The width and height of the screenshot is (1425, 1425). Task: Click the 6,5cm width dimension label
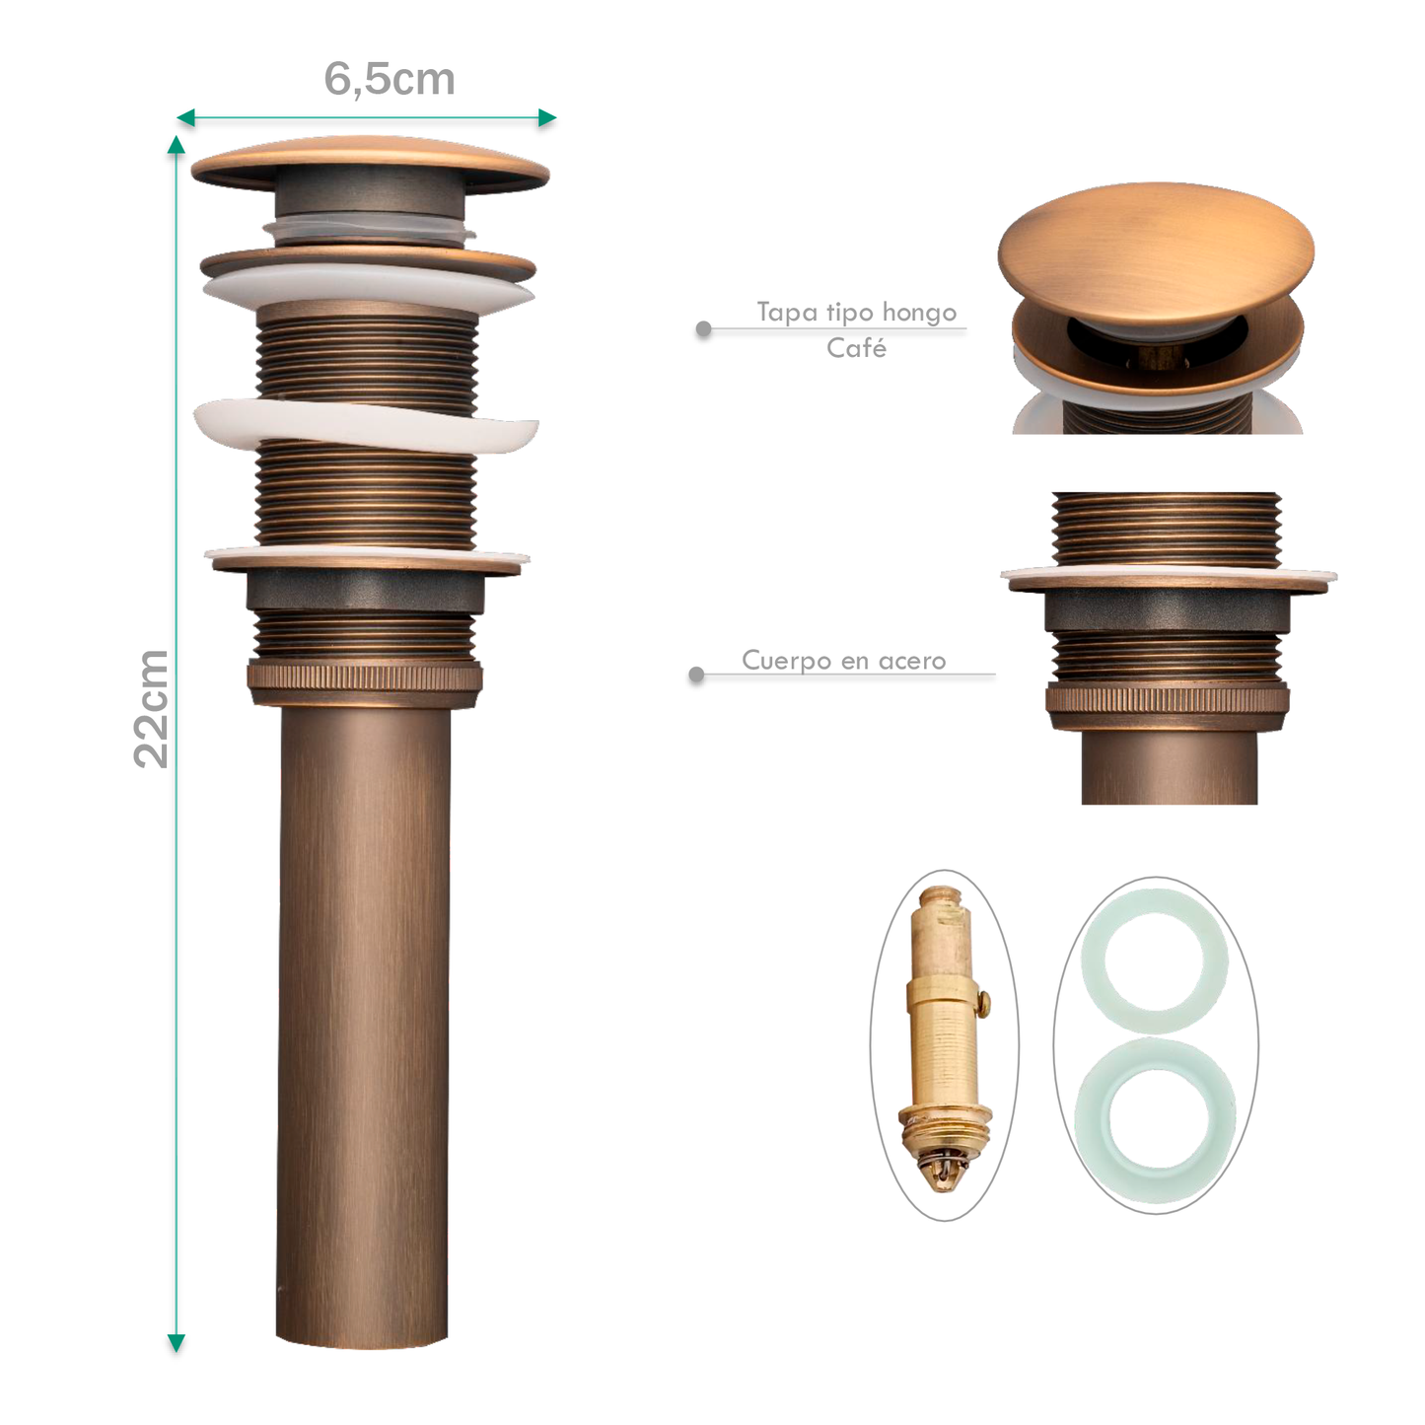[390, 79]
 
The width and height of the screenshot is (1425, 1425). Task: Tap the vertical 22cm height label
[152, 709]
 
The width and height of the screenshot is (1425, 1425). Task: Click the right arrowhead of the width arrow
[547, 117]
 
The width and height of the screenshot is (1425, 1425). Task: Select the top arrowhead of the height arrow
[176, 145]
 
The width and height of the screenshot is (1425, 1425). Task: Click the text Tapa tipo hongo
[856, 313]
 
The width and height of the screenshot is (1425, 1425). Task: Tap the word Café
[856, 347]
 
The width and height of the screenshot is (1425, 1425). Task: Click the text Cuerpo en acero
[844, 661]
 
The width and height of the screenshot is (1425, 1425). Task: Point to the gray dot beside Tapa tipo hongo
[704, 328]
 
